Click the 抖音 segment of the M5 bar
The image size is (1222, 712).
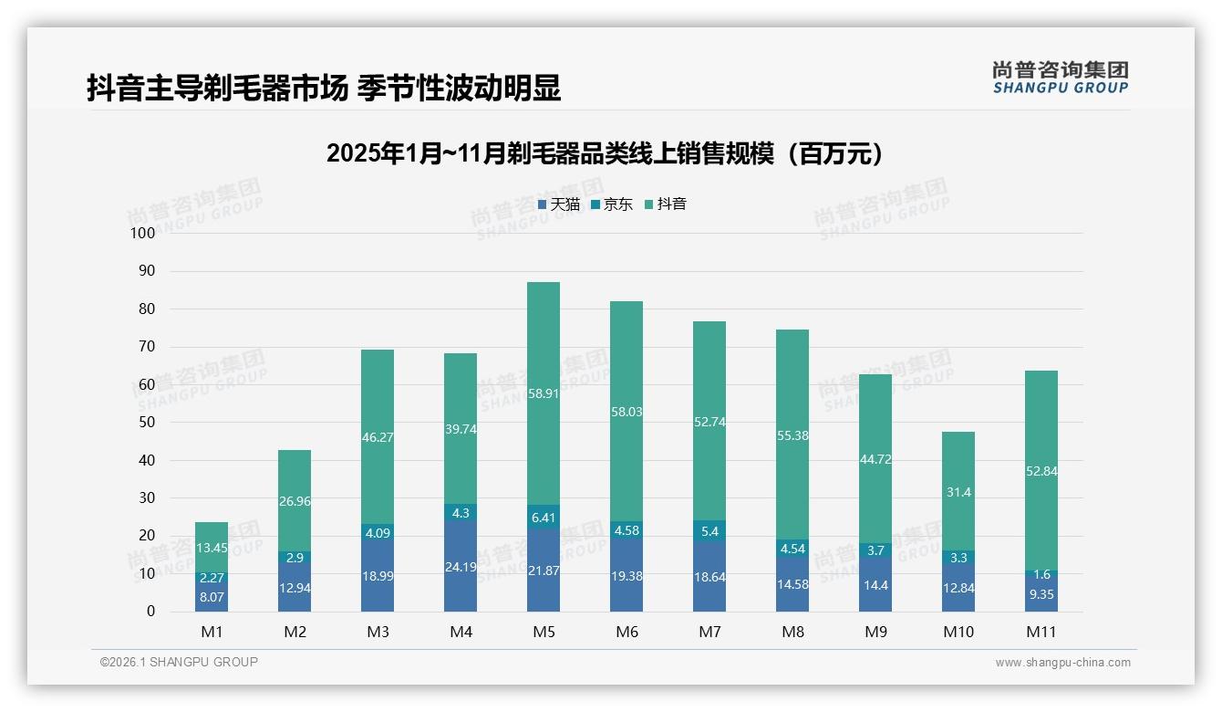pos(544,393)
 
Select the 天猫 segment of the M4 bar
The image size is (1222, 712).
pos(461,566)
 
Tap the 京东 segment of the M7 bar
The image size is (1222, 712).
pos(709,530)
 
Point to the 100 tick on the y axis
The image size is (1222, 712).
pos(143,233)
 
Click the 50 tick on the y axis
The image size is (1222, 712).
pos(146,423)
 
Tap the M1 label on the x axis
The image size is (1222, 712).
pos(212,632)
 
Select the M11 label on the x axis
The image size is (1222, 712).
pos(1041,632)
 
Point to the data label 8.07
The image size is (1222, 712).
pos(212,597)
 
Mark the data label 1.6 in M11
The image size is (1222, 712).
pos(1042,574)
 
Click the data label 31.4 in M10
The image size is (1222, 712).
pos(959,493)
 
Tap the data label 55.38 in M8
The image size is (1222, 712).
pos(792,436)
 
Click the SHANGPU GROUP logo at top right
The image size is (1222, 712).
pos(1060,78)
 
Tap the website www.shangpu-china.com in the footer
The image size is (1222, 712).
pos(1062,663)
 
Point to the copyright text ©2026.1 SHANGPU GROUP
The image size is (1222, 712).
pos(179,662)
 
